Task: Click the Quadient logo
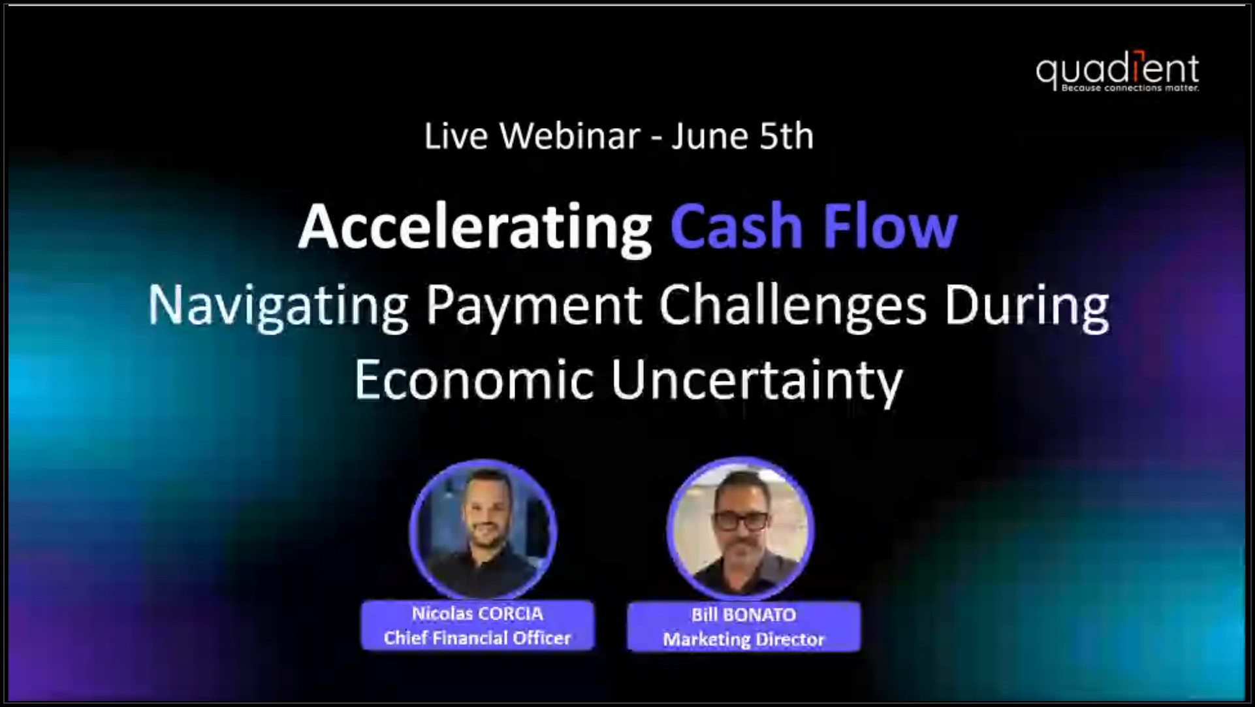pos(1117,71)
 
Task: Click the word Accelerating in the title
pos(475,228)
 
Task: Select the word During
pos(1026,306)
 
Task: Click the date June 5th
pos(742,136)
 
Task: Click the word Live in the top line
pos(456,136)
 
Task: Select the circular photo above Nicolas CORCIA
pos(483,529)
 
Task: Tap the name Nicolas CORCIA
pos(477,614)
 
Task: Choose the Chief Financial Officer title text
pos(477,638)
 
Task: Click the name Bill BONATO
pos(744,615)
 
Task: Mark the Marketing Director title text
pos(744,639)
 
